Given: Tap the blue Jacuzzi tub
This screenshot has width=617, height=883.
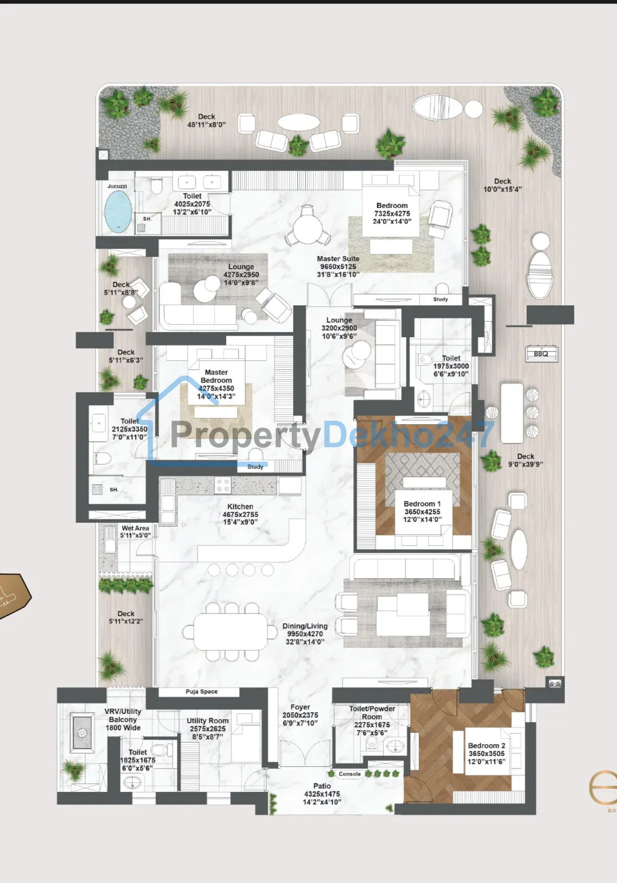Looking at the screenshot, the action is (x=118, y=211).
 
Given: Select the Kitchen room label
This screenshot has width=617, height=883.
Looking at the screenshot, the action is (x=240, y=506).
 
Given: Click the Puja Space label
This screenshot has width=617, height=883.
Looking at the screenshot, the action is (x=201, y=691).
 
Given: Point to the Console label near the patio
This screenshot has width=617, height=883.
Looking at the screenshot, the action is (x=350, y=774).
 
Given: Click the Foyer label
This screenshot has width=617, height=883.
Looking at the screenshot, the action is (x=300, y=707).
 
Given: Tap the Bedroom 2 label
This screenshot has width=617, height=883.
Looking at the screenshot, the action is (x=486, y=745).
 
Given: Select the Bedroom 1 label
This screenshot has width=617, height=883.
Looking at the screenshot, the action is (x=422, y=503).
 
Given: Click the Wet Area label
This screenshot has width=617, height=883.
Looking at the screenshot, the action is (x=135, y=528).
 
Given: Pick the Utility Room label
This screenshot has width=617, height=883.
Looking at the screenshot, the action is (x=208, y=721).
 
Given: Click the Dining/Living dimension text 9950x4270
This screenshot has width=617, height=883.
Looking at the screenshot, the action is (x=305, y=634).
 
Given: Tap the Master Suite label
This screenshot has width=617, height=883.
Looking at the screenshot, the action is (x=338, y=259).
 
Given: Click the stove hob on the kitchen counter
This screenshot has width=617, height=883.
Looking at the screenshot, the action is (x=222, y=485).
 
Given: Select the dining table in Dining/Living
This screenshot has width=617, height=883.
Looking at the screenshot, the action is (x=230, y=632).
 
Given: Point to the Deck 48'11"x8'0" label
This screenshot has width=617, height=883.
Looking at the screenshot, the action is (x=207, y=120).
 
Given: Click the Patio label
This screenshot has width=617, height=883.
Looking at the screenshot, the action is (x=322, y=786).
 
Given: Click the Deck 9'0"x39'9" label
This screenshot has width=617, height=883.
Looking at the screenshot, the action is (x=525, y=460).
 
